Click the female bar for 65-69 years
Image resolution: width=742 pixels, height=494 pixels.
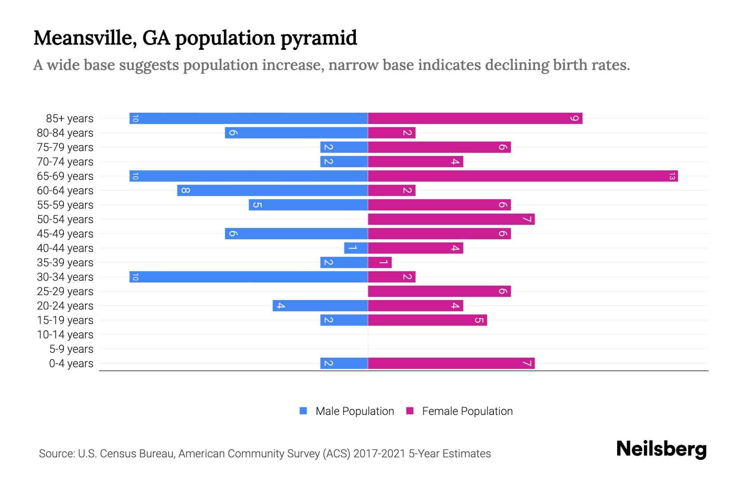(x=523, y=176)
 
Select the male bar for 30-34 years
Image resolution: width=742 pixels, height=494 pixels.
(x=249, y=277)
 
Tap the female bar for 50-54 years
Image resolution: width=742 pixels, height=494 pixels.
(x=451, y=219)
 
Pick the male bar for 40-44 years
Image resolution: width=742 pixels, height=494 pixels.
(x=356, y=248)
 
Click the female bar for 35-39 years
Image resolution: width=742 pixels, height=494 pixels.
(x=380, y=263)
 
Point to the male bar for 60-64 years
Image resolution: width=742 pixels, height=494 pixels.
(x=272, y=191)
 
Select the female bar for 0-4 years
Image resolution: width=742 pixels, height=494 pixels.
(x=451, y=364)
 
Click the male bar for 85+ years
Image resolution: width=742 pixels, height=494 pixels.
(x=249, y=119)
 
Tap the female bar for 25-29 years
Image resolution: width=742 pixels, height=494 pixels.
(x=439, y=291)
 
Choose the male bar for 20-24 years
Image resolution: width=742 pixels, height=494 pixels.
(x=320, y=306)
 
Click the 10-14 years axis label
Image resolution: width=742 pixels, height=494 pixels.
(x=65, y=335)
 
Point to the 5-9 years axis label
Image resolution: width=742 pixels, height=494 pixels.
(x=71, y=349)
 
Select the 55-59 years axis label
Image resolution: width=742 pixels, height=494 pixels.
(x=65, y=205)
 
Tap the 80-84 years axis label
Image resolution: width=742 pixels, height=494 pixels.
(x=65, y=133)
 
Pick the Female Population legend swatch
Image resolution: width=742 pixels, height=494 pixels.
(x=410, y=411)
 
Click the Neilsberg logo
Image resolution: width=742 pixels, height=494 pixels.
(x=661, y=449)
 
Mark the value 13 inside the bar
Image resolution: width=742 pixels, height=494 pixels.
(x=672, y=176)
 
